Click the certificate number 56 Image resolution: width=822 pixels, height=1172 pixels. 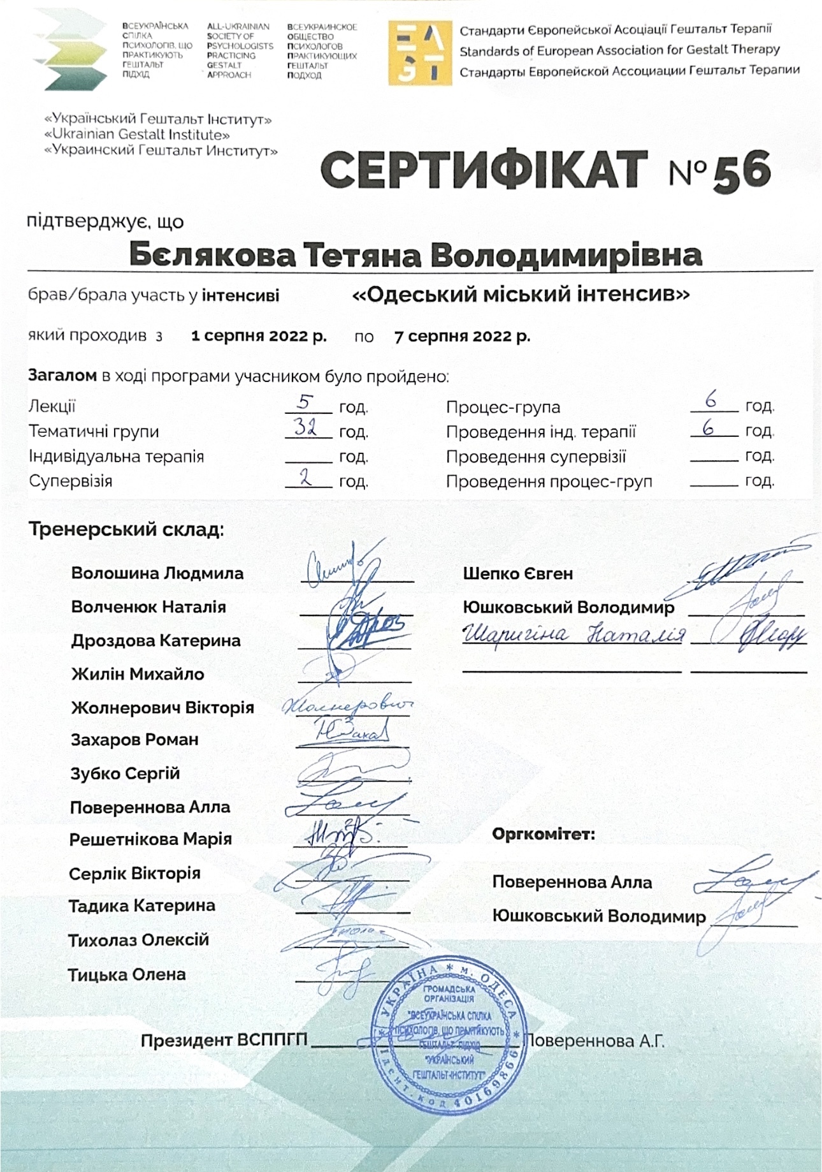(742, 171)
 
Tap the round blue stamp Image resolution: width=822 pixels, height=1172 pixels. (449, 1036)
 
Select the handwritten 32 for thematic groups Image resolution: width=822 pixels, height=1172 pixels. (306, 427)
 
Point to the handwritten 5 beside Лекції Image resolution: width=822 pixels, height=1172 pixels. (306, 402)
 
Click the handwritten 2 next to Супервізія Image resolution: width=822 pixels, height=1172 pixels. (306, 478)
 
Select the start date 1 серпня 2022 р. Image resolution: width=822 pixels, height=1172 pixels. (259, 336)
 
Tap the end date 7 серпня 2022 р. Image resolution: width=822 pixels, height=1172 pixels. (462, 336)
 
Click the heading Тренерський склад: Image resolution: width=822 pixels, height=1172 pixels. (126, 529)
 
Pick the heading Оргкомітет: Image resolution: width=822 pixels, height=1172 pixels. (544, 834)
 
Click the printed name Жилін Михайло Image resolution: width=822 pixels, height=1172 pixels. (138, 674)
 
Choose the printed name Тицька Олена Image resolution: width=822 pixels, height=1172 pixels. (127, 974)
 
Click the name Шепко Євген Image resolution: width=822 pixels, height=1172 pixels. (517, 573)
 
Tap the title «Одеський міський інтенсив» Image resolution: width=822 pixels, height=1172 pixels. (521, 295)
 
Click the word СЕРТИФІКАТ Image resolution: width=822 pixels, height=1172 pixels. (484, 171)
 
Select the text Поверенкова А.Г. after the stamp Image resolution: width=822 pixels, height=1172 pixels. (594, 1041)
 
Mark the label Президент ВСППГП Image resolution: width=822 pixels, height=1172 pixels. (224, 1041)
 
